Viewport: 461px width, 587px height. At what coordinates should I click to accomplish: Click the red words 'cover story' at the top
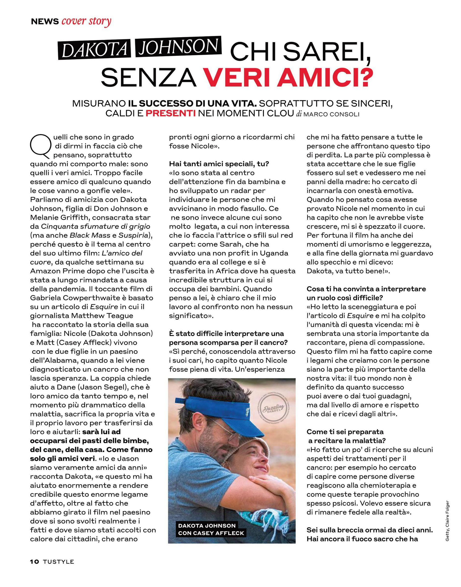coord(86,21)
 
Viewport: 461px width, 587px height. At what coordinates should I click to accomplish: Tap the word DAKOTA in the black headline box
coord(95,49)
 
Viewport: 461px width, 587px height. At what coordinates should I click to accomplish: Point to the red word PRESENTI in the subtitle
coord(171,113)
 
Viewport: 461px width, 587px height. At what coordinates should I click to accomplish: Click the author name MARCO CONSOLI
coord(331,114)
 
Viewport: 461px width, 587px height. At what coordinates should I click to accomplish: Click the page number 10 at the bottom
coord(35,562)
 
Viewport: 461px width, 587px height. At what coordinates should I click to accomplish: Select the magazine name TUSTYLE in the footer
coord(58,562)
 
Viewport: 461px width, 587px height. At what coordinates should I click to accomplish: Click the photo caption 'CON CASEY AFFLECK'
coord(211,533)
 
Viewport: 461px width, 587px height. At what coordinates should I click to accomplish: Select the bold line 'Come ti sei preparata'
coord(345,432)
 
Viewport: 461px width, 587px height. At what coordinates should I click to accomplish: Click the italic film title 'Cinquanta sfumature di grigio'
coord(95,226)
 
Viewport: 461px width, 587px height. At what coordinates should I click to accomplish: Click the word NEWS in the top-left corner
coord(45,22)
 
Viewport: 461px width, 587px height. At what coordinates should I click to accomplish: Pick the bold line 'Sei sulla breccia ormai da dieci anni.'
coord(369,530)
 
